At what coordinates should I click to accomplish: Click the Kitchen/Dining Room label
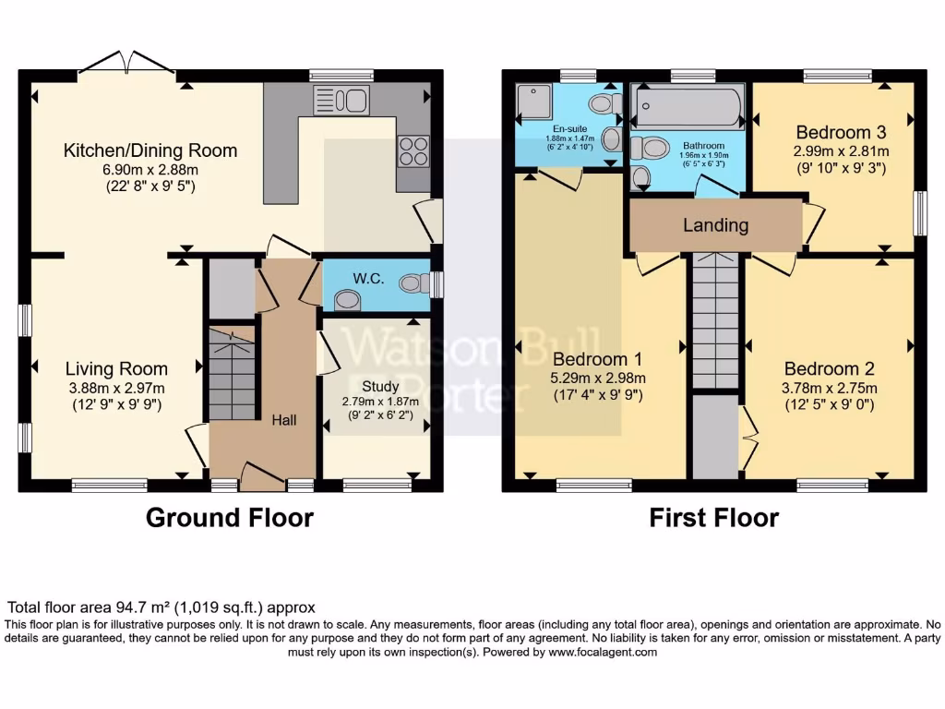click(x=150, y=150)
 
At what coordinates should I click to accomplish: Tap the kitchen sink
click(x=341, y=100)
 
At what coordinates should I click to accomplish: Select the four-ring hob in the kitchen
click(x=413, y=150)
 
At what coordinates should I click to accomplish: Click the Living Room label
click(x=116, y=368)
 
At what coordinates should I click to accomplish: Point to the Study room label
click(x=380, y=386)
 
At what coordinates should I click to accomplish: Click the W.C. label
click(x=368, y=279)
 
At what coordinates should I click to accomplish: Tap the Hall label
click(x=284, y=420)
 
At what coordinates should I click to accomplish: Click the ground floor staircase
click(x=232, y=373)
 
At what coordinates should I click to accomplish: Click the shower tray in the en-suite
click(x=534, y=102)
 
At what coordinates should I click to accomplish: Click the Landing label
click(x=715, y=225)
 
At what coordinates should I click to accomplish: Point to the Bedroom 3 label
click(x=841, y=132)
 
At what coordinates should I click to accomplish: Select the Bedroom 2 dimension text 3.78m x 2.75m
click(x=830, y=388)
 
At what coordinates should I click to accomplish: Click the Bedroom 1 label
click(x=597, y=359)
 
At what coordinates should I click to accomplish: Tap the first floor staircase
click(x=715, y=320)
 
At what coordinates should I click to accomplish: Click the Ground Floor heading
click(x=230, y=518)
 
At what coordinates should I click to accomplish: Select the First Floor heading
click(x=714, y=518)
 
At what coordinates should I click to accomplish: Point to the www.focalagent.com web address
click(x=603, y=652)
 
